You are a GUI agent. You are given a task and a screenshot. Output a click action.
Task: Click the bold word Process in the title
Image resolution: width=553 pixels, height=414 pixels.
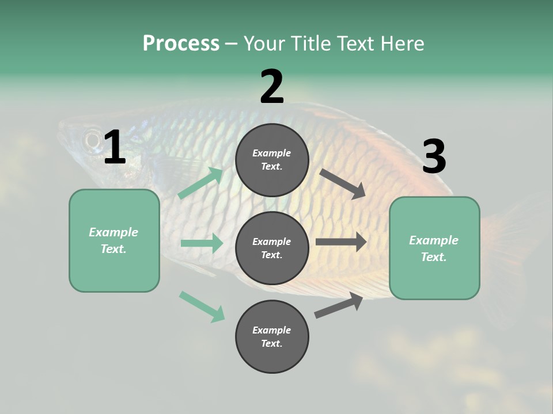[181, 44]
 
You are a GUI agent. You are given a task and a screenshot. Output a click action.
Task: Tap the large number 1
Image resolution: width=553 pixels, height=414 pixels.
[115, 148]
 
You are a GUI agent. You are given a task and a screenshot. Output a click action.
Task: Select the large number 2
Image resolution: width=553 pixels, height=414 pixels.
[272, 87]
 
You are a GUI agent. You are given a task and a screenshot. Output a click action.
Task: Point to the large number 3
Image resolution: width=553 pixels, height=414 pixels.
[434, 157]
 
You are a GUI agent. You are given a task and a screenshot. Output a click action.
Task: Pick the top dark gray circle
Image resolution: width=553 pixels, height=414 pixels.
[272, 160]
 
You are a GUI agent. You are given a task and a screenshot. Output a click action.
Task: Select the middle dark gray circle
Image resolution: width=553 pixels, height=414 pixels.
[272, 248]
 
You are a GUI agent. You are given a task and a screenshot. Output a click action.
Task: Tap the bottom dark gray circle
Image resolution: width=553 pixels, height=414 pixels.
[272, 336]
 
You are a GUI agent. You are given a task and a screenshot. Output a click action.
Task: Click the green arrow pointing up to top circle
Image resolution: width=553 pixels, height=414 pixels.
[200, 183]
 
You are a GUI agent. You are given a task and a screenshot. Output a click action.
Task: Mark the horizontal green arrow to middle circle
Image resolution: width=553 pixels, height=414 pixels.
[202, 243]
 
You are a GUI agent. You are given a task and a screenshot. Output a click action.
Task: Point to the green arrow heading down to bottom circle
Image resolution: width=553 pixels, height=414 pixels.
[202, 306]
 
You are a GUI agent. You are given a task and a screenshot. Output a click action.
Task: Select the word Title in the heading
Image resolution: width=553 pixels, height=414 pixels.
[310, 44]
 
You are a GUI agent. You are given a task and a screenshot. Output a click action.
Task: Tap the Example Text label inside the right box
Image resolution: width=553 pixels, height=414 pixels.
[434, 248]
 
